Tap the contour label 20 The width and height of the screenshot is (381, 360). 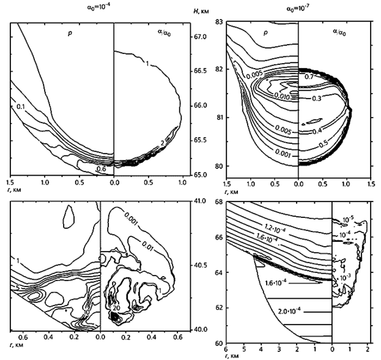pyautogui.click(x=115, y=308)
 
